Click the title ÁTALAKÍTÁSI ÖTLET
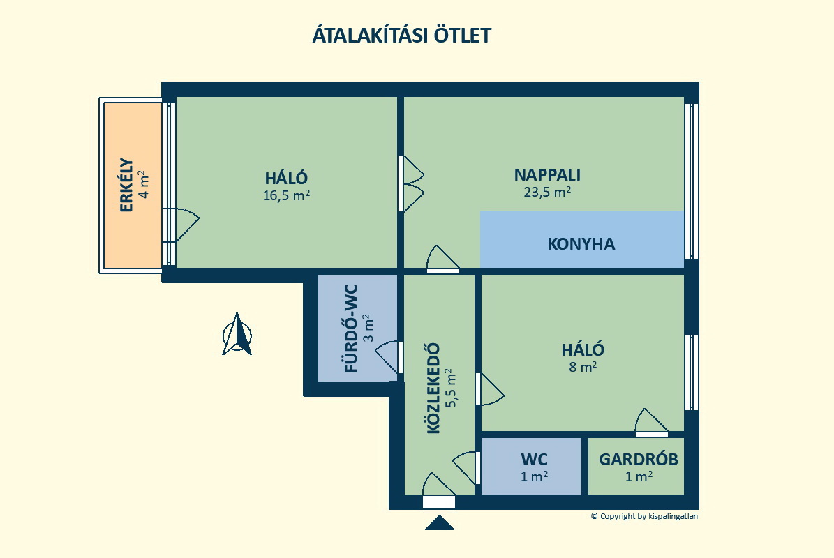click(401, 35)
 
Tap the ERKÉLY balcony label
click(126, 185)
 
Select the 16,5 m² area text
click(286, 195)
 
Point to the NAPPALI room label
click(547, 175)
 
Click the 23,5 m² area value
click(547, 192)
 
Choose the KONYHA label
click(581, 244)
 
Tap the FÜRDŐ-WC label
click(351, 329)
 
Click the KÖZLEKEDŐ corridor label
click(434, 389)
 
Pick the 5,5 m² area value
click(451, 388)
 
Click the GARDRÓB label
click(639, 459)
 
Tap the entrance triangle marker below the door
click(440, 523)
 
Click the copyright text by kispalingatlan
click(644, 516)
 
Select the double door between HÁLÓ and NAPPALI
click(410, 184)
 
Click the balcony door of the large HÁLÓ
click(181, 225)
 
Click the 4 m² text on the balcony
click(144, 184)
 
